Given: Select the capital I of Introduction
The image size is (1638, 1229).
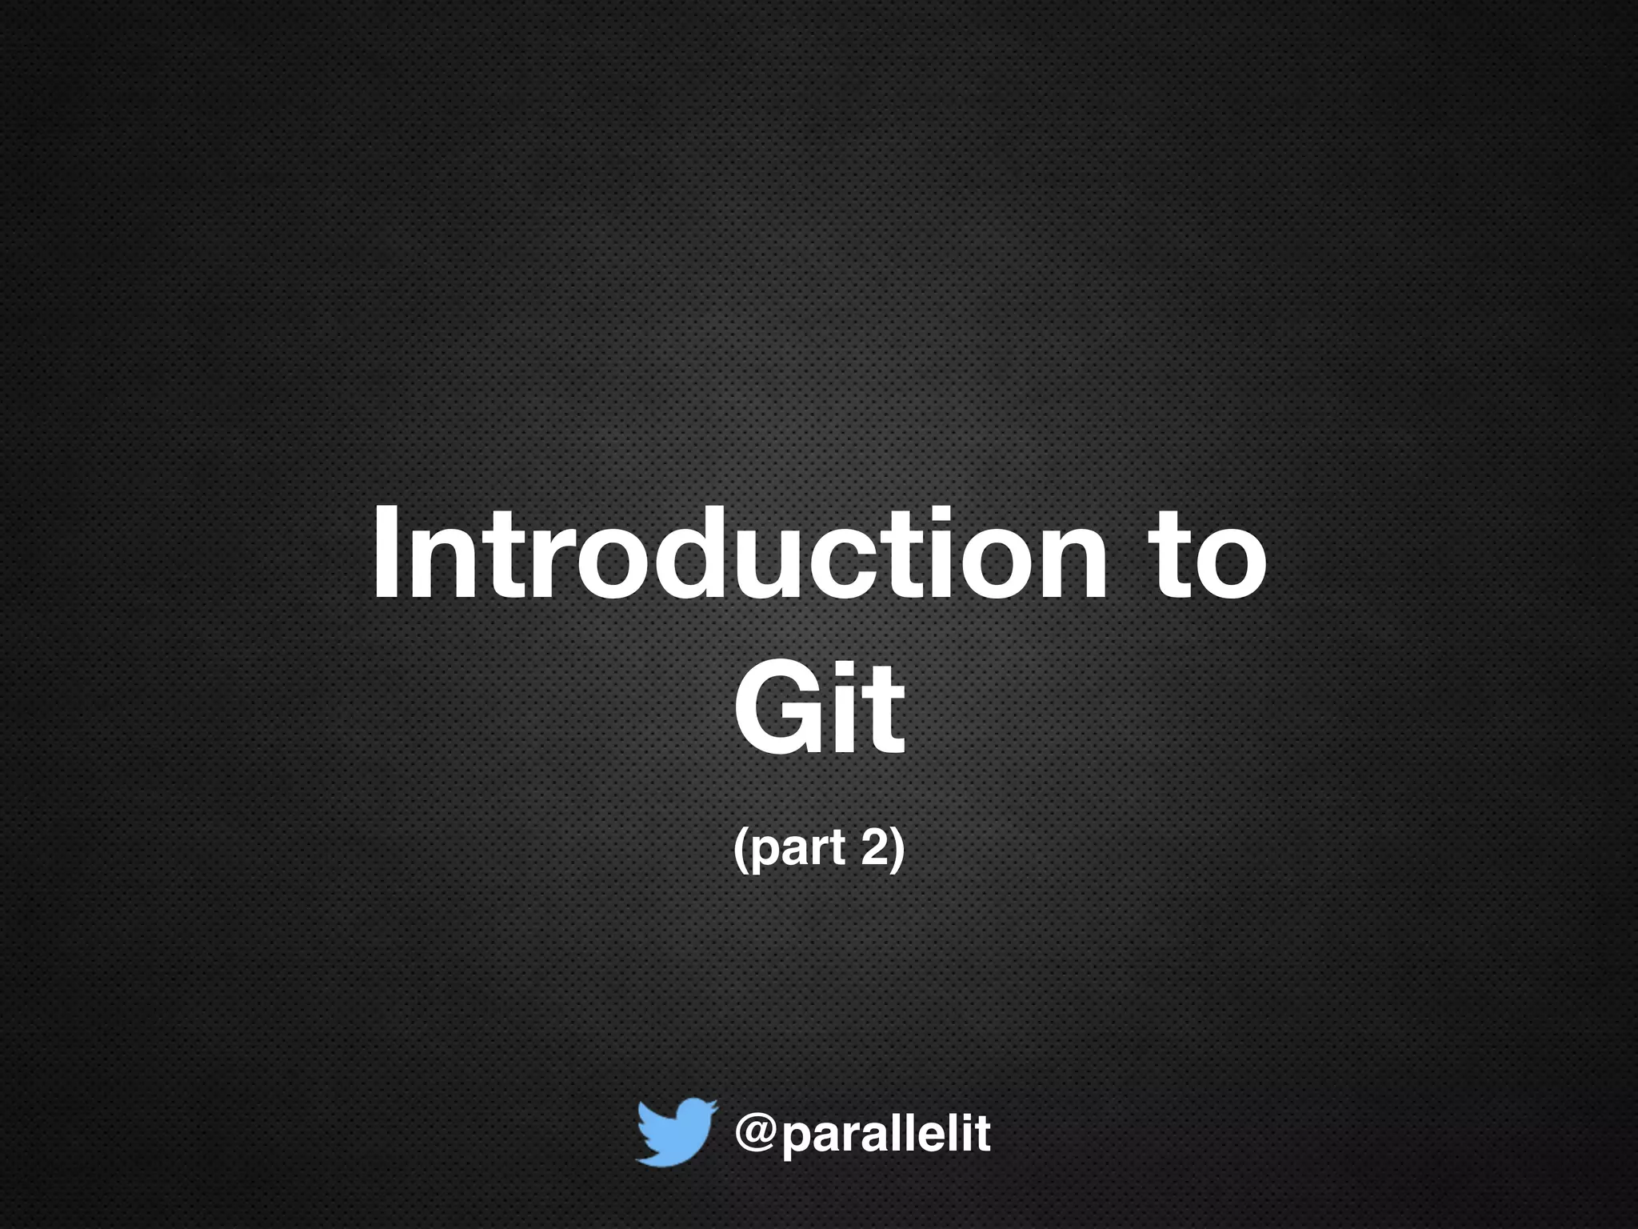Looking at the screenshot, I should click(x=386, y=552).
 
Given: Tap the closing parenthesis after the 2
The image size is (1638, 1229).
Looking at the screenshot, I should click(x=898, y=850).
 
